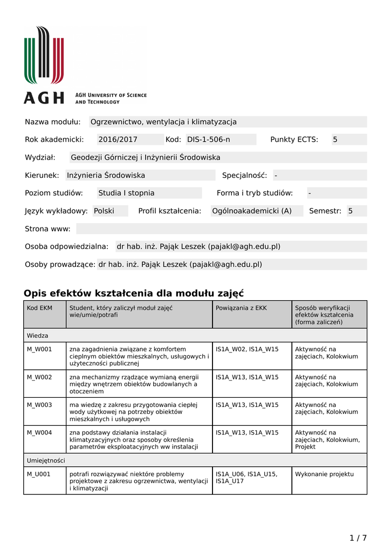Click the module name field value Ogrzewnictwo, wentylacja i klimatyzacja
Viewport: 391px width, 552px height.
coord(163,122)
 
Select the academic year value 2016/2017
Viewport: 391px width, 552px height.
coord(118,140)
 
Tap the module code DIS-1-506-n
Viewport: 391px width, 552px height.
coord(209,140)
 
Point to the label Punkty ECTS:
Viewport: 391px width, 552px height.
coord(294,140)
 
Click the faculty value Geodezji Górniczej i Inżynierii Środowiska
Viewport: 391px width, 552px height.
coord(146,157)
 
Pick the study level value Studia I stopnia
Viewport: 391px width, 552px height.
coord(126,193)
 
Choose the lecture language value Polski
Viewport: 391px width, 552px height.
coord(104,211)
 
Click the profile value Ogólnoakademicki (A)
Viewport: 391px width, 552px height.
coord(252,211)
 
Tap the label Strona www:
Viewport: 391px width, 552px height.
coord(47,229)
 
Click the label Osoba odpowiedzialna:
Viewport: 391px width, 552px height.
coord(67,246)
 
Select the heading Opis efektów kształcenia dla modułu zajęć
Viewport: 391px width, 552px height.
coord(134,293)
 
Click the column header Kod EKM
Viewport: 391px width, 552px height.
coord(39,308)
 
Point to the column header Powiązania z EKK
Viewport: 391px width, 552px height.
coord(241,308)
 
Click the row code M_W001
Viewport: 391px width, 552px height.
coord(39,349)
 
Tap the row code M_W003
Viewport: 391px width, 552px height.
coord(39,405)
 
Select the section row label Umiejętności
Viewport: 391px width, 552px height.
coord(46,460)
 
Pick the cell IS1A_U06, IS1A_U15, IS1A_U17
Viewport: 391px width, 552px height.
coord(246,478)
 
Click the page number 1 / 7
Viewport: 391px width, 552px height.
coord(358,538)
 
